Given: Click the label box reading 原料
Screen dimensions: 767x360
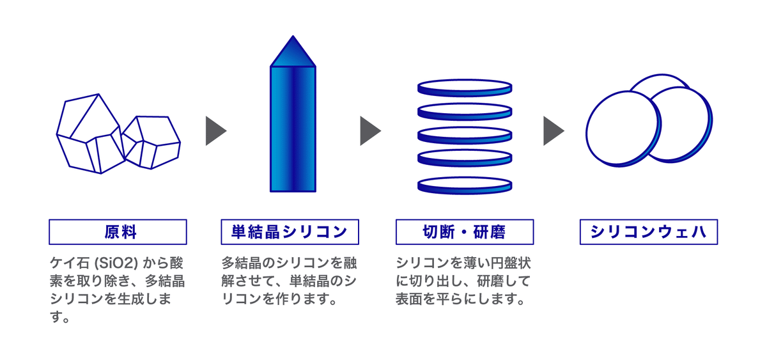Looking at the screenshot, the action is pos(118,232).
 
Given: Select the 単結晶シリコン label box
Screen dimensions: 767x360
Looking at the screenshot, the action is pos(290,232).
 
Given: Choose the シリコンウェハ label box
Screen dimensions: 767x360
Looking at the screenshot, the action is pos(648,232).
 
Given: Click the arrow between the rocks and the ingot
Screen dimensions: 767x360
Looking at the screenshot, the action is pos(215,131).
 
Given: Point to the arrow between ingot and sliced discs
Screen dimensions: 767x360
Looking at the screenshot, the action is pos(369,131).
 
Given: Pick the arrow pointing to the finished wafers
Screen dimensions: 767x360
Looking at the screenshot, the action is pos(553,131).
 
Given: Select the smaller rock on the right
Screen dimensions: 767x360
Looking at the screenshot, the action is pos(151,142).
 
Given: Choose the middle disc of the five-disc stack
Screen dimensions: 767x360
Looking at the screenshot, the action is pos(464,135).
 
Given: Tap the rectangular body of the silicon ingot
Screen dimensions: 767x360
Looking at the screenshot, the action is pos(293,128).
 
